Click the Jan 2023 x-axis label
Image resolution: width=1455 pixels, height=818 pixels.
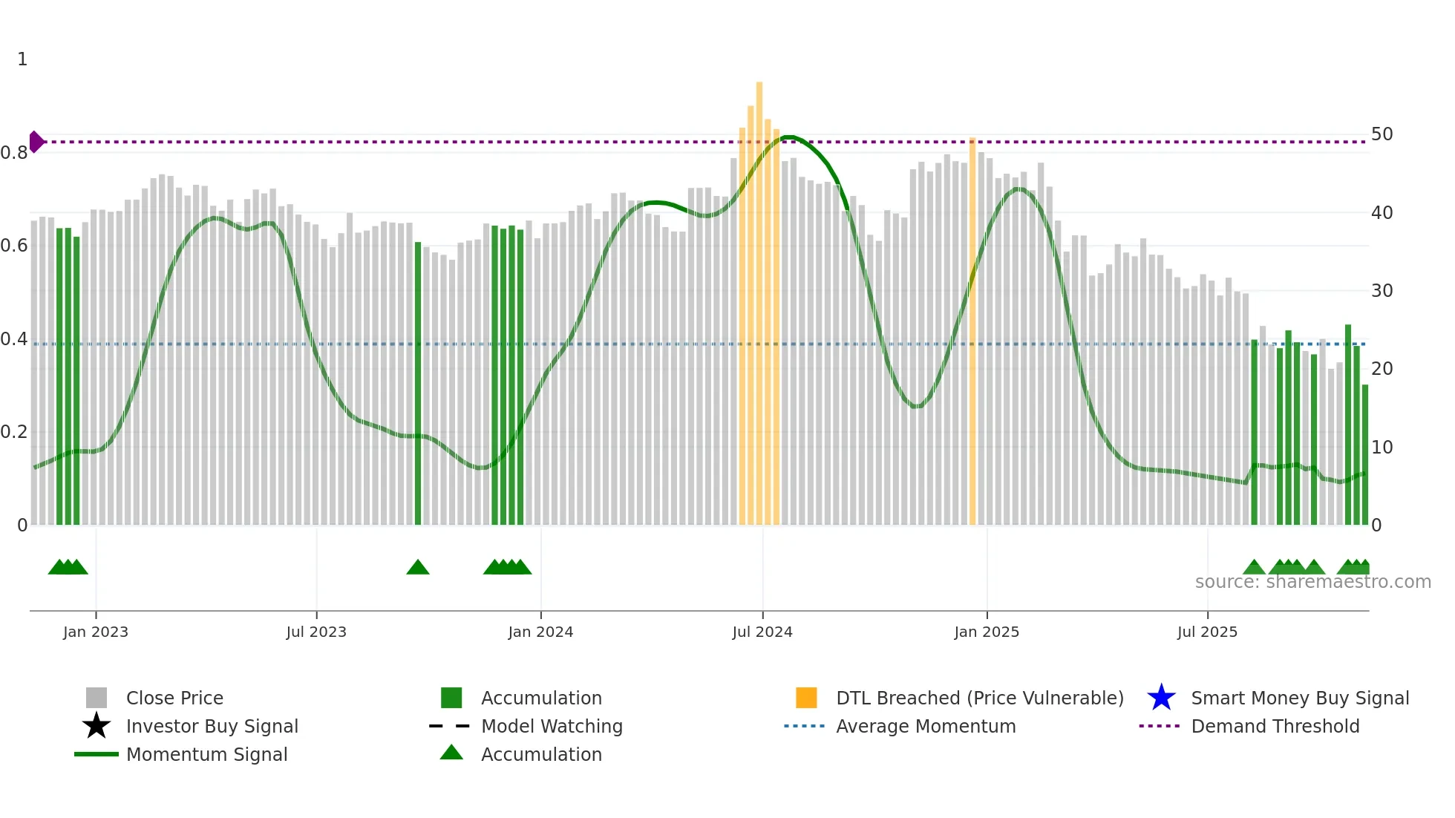96,632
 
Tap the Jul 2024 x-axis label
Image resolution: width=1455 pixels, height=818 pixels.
762,632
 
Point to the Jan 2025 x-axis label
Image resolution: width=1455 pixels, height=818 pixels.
987,632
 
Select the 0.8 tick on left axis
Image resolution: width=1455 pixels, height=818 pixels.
14,153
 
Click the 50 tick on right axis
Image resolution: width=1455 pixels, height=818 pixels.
1382,134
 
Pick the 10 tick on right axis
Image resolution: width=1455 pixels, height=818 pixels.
1382,447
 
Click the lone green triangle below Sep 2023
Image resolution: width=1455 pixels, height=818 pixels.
418,568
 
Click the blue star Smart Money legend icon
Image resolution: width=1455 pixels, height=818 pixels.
1161,698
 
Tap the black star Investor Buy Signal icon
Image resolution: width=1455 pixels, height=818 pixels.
97,726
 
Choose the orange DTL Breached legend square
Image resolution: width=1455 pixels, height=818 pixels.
806,698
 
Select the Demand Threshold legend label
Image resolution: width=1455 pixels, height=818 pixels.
1275,726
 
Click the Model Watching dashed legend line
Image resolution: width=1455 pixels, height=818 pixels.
450,726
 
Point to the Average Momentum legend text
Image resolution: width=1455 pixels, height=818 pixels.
926,726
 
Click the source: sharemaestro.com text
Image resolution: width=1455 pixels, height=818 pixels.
1312,582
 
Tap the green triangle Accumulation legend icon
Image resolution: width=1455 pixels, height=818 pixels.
451,753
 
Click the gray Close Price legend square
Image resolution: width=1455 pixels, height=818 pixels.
97,698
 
